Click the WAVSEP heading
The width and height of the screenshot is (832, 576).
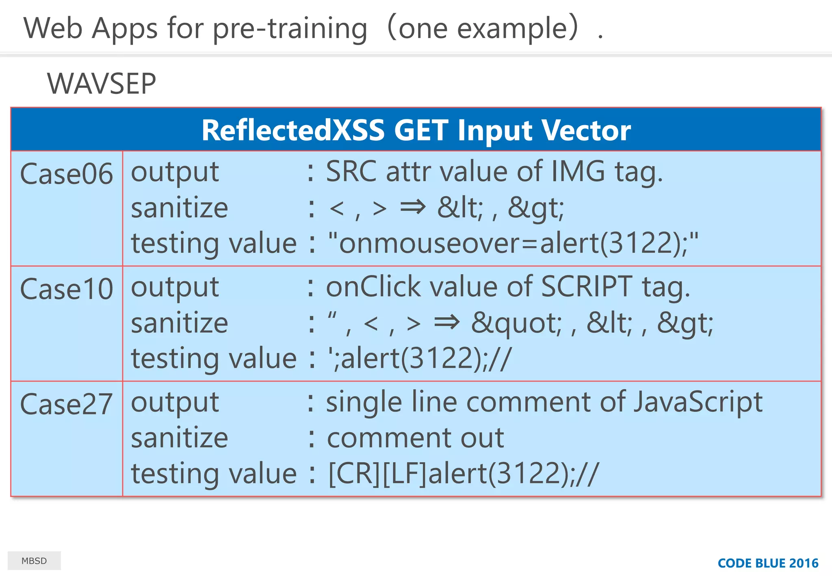102,84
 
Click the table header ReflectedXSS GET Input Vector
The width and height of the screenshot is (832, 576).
416,130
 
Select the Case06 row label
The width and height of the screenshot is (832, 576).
67,174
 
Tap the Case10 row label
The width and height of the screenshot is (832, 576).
67,289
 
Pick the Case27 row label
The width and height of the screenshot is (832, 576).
67,404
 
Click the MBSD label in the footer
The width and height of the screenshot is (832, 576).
34,561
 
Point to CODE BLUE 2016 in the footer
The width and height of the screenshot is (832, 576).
768,563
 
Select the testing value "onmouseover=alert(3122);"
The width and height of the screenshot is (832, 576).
513,243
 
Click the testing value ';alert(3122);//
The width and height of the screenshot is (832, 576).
420,358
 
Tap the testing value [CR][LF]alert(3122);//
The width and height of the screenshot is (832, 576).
463,474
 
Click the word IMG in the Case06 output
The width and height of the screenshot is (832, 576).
578,171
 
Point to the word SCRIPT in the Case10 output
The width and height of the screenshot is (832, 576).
587,287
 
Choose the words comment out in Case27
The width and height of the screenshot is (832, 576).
415,438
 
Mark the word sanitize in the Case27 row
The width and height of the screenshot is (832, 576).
180,438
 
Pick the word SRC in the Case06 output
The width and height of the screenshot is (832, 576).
351,171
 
